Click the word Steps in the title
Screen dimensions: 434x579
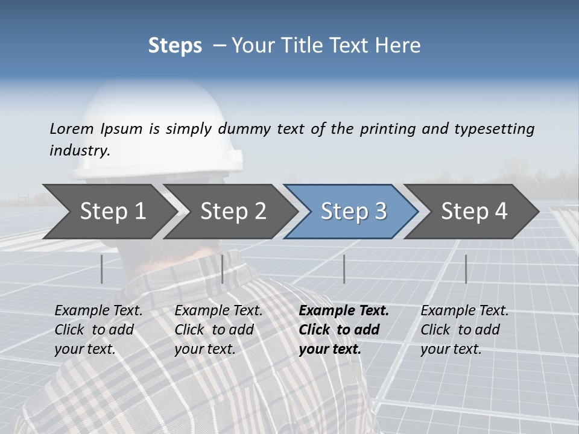pos(175,46)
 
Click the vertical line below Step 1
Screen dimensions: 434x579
pos(102,269)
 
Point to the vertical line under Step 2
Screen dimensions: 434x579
pos(223,269)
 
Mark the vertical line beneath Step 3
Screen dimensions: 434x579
pos(344,269)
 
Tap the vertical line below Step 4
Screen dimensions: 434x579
pos(466,269)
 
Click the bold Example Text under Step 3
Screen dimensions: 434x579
pos(344,310)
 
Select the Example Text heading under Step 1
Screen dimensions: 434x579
pos(98,310)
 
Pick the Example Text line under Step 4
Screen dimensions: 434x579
pos(464,310)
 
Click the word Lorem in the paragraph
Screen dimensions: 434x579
pos(72,128)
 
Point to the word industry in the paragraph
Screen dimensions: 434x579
pos(80,151)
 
